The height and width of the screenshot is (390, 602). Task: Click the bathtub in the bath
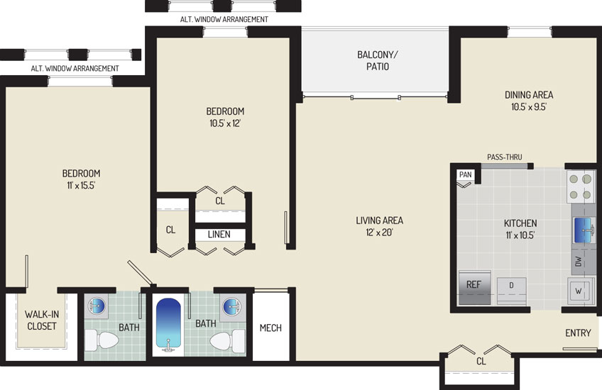(x=168, y=325)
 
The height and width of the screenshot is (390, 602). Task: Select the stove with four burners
(x=581, y=186)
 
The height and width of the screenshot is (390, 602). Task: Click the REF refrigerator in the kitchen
(x=474, y=288)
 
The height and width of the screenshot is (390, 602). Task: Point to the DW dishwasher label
(x=579, y=262)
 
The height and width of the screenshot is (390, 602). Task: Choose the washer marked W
(x=578, y=291)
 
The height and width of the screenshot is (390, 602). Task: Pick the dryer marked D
(x=511, y=291)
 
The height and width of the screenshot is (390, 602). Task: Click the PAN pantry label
(x=465, y=174)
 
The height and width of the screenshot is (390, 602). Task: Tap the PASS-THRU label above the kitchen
(x=505, y=157)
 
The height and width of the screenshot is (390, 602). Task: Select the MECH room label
(x=270, y=328)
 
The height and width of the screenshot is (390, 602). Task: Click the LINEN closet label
(x=219, y=234)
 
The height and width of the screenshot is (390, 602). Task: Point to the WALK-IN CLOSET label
(x=41, y=321)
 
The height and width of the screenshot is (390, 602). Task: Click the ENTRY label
(x=578, y=333)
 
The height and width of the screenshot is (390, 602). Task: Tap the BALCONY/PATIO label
(x=378, y=60)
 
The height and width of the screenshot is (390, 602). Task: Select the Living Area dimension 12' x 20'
(x=379, y=233)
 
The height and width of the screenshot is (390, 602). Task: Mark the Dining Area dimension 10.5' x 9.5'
(x=529, y=106)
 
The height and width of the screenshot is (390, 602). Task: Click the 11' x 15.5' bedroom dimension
(x=81, y=186)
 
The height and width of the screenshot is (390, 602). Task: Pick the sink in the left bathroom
(x=96, y=306)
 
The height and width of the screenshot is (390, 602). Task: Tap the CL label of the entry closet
(x=481, y=361)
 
